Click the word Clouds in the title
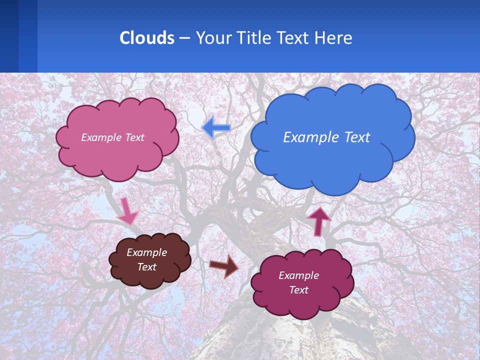(146, 38)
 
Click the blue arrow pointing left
(216, 128)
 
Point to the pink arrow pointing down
(127, 210)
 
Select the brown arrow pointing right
(224, 266)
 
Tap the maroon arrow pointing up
(318, 220)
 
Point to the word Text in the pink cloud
(133, 137)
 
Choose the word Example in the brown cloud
(146, 252)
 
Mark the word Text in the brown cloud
(146, 267)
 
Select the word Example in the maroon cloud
(298, 275)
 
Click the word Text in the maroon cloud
(298, 290)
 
